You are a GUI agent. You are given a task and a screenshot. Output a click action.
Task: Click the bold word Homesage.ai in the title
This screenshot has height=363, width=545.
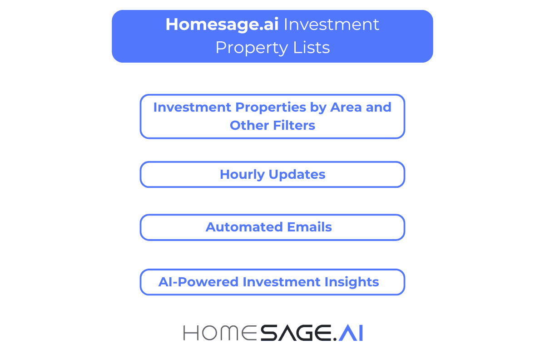coord(222,25)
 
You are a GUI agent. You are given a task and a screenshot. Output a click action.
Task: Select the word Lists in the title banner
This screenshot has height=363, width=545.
coord(313,48)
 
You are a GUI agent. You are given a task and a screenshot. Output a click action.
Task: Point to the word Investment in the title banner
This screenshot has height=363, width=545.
coord(332,25)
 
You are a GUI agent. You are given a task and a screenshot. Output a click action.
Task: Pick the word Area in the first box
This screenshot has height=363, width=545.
coord(346,108)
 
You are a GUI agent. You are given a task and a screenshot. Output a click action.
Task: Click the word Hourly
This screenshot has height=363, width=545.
coord(242,175)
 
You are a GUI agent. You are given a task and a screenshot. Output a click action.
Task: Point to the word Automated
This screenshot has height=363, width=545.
coord(241,227)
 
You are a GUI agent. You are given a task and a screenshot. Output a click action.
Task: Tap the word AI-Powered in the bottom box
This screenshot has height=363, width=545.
coord(198,282)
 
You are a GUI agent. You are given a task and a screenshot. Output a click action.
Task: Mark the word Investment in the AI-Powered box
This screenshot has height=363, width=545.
coord(281,282)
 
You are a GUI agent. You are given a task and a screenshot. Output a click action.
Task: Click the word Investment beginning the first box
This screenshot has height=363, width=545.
coord(192,108)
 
